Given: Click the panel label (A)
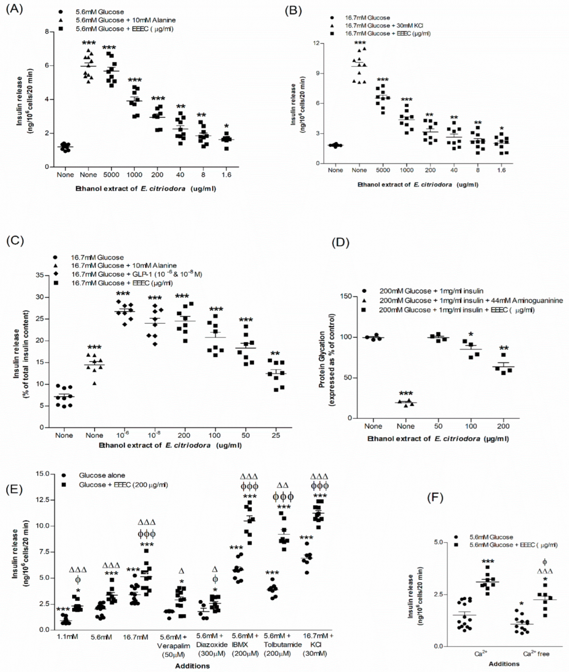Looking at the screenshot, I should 14,9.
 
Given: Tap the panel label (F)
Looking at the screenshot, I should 437,498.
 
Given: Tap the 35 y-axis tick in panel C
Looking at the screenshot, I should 38,275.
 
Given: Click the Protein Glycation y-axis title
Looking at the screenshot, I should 326,358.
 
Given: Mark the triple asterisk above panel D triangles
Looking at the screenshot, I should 405,394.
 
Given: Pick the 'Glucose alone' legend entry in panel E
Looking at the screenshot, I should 101,475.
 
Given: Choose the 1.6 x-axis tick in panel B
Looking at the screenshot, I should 502,170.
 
